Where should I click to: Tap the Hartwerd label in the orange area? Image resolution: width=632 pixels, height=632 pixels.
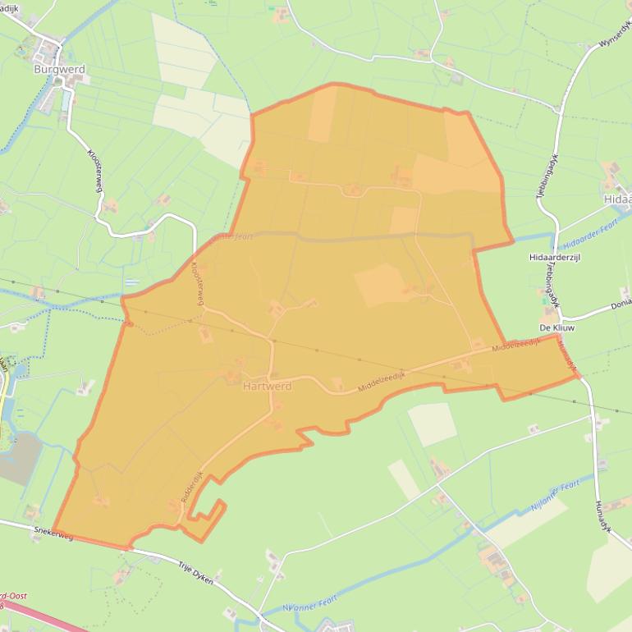coord(268,387)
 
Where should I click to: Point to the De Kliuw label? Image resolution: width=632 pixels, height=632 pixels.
coord(555,327)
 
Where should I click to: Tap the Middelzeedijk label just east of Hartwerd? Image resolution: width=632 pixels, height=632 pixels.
coord(382,381)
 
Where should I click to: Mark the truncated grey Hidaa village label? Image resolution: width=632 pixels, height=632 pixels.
coord(617,199)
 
